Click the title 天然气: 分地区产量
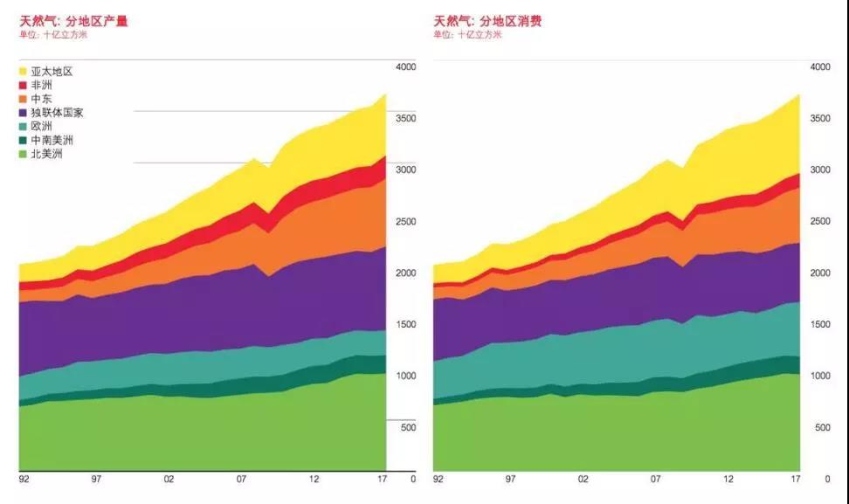73,20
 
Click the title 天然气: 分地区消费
487,20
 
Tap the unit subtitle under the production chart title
53,35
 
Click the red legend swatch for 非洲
24,85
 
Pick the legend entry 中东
41,99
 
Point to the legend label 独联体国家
57,113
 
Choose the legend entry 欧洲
41,126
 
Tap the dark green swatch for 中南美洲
24,140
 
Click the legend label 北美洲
46,154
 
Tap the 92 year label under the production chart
24,479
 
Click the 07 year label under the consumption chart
655,479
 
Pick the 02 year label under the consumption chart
583,479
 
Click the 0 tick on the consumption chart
826,480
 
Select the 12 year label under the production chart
314,479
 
